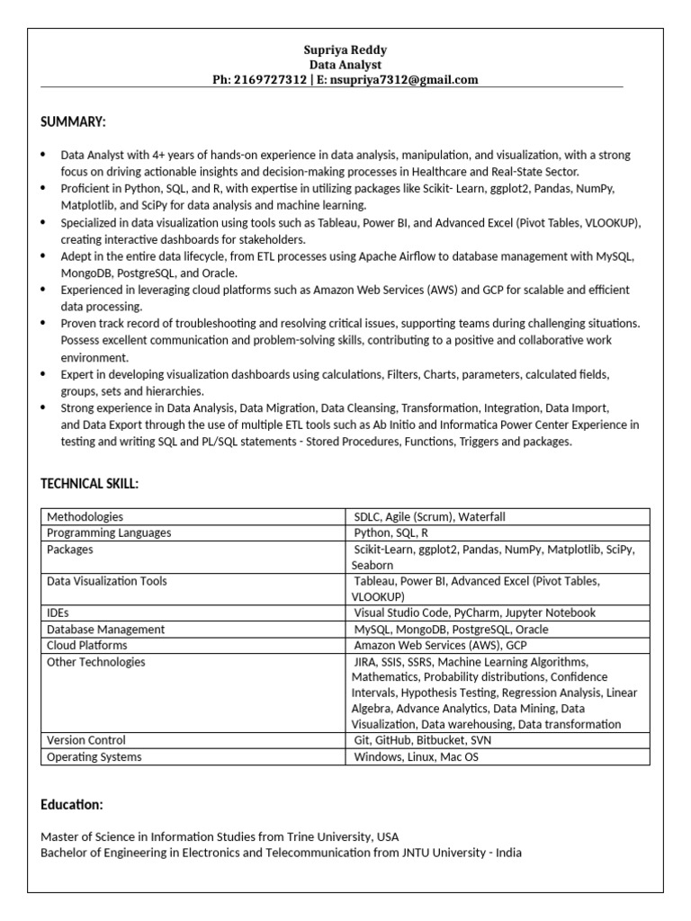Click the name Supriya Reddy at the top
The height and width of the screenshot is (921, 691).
pyautogui.click(x=345, y=50)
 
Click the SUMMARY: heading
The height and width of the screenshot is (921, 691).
pyautogui.click(x=73, y=121)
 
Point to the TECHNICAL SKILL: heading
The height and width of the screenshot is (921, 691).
pyautogui.click(x=89, y=484)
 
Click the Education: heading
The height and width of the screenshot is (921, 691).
pyautogui.click(x=72, y=804)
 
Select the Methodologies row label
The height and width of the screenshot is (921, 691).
pyautogui.click(x=85, y=517)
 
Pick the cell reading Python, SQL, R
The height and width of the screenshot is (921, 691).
pyautogui.click(x=390, y=532)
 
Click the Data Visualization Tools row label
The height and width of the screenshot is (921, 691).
pyautogui.click(x=106, y=581)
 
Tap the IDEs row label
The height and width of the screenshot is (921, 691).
pyautogui.click(x=58, y=613)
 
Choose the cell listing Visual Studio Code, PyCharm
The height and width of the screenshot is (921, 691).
pyautogui.click(x=474, y=613)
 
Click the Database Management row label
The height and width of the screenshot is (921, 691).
pyautogui.click(x=105, y=630)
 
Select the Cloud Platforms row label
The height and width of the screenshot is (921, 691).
pyautogui.click(x=86, y=645)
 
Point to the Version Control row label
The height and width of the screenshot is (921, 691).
pyautogui.click(x=85, y=740)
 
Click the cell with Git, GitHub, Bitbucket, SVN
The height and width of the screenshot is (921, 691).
pyautogui.click(x=422, y=740)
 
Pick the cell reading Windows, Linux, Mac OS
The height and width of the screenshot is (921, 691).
pyautogui.click(x=416, y=756)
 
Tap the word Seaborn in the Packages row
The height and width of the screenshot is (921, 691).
pyautogui.click(x=372, y=565)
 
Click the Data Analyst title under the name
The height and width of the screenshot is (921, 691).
pyautogui.click(x=345, y=65)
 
